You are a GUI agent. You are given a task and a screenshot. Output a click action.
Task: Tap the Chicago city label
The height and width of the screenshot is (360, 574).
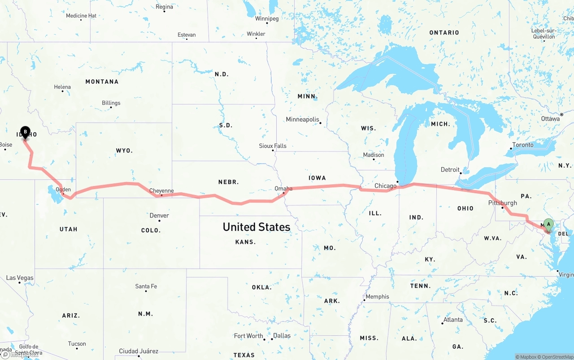tap(385, 186)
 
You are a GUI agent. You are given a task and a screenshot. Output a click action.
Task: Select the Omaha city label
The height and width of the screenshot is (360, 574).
tap(283, 189)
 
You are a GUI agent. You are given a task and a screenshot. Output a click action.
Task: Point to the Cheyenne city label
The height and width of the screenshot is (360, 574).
tap(161, 191)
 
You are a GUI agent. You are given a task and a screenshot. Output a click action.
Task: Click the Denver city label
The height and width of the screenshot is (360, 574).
tap(159, 216)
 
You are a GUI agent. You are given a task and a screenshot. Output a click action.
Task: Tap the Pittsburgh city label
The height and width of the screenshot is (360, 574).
tap(502, 203)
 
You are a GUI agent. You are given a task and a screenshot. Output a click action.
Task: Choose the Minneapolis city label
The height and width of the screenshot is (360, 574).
tap(303, 120)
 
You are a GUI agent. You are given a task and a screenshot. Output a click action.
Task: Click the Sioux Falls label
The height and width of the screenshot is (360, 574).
tap(273, 146)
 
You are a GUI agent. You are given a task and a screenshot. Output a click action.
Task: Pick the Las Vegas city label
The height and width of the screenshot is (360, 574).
tap(20, 278)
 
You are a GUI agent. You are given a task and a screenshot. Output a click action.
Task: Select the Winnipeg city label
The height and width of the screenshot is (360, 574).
tap(267, 19)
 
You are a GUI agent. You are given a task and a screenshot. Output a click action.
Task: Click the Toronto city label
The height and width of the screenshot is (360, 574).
tap(523, 145)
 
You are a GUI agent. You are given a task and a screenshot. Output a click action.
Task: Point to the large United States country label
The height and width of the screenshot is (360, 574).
tap(257, 227)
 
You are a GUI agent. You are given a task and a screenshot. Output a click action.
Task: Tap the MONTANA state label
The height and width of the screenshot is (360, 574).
tap(102, 82)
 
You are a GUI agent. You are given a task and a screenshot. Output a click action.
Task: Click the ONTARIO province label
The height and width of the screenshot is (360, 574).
tap(444, 33)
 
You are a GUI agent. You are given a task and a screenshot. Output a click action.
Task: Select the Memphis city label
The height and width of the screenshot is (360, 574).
tap(378, 296)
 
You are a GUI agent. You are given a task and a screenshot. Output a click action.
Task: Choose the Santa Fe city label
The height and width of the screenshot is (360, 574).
tap(146, 286)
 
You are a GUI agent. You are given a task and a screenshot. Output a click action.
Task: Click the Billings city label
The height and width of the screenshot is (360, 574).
tap(111, 103)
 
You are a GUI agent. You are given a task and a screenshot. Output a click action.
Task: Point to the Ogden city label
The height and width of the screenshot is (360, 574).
tap(63, 190)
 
